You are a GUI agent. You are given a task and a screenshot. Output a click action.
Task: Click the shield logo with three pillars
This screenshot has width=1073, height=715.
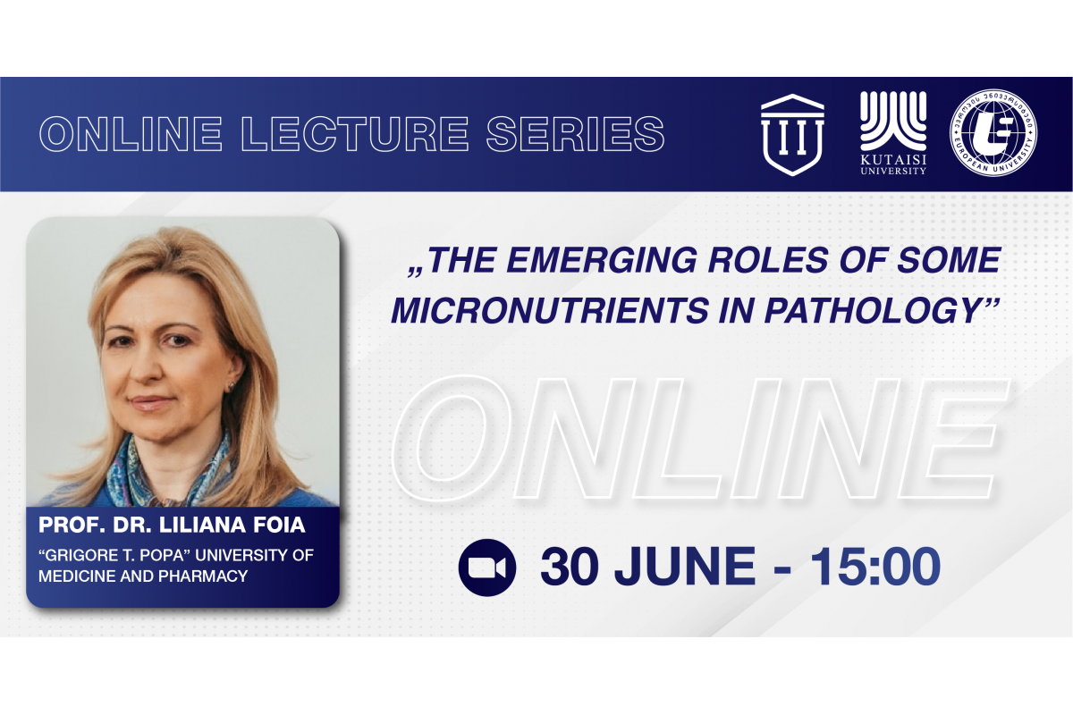coord(792,135)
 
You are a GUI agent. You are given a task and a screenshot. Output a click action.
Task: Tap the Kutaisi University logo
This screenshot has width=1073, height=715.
coord(893,133)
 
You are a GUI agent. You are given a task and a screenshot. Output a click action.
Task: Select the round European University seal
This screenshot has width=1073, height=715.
coord(993,132)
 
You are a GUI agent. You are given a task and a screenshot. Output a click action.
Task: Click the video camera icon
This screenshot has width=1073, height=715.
coord(487,568)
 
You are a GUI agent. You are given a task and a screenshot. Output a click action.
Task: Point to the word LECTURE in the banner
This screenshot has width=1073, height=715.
coord(355,134)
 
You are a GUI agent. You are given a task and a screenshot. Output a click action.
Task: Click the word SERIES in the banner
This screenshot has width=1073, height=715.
coord(575,134)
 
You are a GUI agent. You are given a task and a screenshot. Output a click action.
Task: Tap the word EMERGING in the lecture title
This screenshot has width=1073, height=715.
coord(602,260)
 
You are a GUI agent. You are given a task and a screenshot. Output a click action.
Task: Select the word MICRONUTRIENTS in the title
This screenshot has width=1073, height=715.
coord(551,310)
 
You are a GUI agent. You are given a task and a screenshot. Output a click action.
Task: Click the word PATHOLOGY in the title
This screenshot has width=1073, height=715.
coord(872,310)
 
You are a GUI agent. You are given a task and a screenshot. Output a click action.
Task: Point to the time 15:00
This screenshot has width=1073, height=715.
coord(875,567)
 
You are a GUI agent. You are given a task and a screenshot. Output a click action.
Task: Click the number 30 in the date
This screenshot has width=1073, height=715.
coord(570,567)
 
